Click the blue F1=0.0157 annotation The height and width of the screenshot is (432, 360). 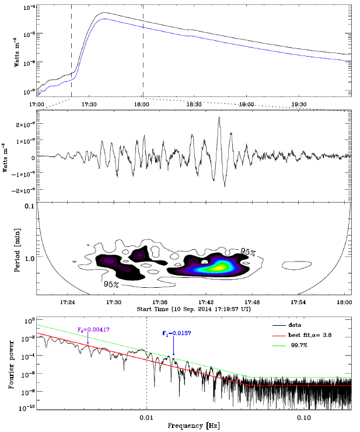pyautogui.click(x=176, y=333)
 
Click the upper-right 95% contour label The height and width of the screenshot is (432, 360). pyautogui.click(x=247, y=252)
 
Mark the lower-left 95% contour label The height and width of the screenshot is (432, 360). pyautogui.click(x=112, y=284)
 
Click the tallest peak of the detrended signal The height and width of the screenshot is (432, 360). pyautogui.click(x=219, y=118)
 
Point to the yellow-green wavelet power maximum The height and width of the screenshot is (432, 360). pyautogui.click(x=222, y=266)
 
